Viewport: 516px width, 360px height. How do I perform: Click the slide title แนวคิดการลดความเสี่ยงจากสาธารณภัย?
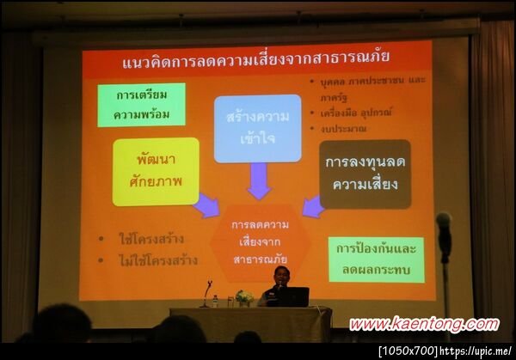(255, 59)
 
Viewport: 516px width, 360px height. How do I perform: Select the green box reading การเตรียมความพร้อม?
(141, 105)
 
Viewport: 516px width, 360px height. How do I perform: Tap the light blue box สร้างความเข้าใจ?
(257, 128)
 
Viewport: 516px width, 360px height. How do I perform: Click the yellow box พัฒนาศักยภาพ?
(156, 171)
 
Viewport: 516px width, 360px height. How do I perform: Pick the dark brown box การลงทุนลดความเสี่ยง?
(365, 174)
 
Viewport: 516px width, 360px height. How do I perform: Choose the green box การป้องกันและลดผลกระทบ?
(376, 259)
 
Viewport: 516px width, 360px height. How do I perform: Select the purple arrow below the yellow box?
(206, 205)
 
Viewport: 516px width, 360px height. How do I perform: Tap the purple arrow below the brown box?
(313, 206)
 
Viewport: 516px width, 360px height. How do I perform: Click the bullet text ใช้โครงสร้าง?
(150, 238)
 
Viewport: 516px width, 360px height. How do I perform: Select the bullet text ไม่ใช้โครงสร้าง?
(157, 259)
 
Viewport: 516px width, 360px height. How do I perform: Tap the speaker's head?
(280, 274)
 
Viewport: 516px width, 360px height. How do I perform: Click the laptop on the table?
(292, 296)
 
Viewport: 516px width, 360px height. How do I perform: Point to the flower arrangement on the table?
(245, 297)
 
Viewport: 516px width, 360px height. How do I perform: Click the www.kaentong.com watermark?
(423, 324)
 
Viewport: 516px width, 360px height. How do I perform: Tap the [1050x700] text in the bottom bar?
(408, 351)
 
